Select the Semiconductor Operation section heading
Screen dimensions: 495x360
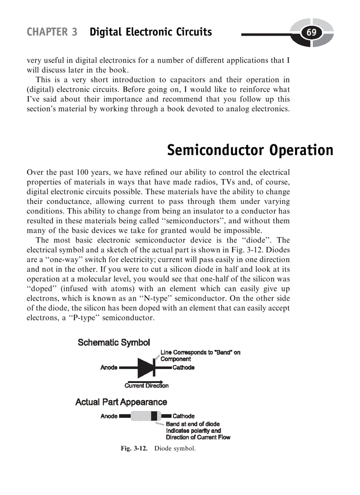coord(250,150)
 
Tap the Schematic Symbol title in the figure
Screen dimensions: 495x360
coord(114,342)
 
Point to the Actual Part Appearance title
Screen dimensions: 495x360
coord(121,402)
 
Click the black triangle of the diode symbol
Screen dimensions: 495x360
coord(145,367)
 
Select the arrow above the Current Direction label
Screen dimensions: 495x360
coord(145,381)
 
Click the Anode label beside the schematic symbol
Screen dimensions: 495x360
coord(109,368)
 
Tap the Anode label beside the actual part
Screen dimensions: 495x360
coord(109,416)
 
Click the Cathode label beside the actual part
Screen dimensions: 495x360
coord(183,416)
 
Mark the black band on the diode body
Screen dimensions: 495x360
coord(154,416)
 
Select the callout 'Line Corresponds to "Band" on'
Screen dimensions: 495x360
coord(200,353)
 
